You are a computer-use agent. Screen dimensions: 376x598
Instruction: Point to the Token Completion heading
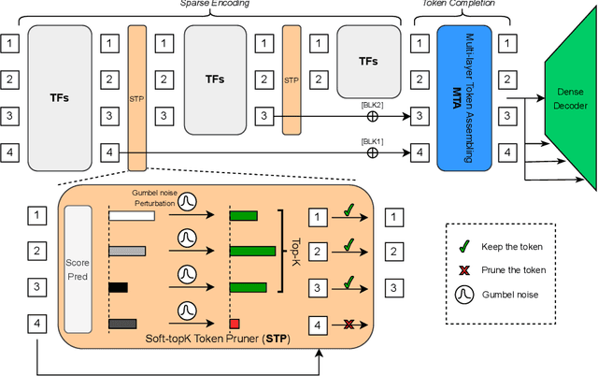click(x=461, y=5)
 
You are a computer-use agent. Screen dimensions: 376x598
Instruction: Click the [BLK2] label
click(x=372, y=106)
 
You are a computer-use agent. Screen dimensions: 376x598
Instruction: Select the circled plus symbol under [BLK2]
click(x=372, y=117)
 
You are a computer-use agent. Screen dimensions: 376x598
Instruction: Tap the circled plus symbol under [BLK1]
click(x=372, y=151)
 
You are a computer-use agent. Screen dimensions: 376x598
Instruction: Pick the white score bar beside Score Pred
click(x=132, y=215)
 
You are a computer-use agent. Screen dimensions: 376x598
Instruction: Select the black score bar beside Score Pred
click(x=118, y=288)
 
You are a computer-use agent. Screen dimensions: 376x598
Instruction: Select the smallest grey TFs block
click(x=368, y=60)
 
